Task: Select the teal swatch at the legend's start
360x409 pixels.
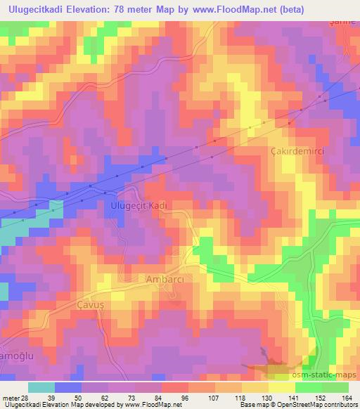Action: click(x=41, y=387)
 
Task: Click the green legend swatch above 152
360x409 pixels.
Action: click(x=308, y=387)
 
